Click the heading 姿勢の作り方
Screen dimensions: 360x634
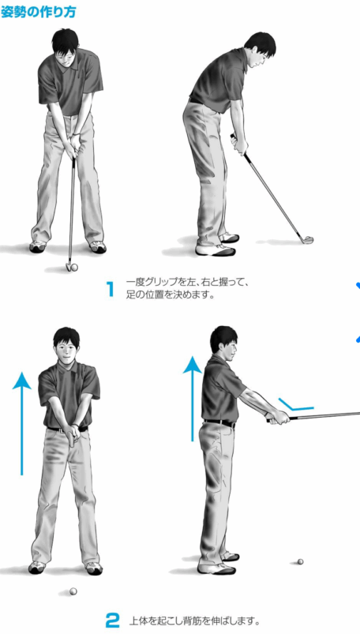(x=38, y=12)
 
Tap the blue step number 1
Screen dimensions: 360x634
(x=110, y=289)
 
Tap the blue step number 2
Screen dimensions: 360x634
(x=113, y=621)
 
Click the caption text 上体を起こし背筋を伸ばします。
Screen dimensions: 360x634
(x=194, y=621)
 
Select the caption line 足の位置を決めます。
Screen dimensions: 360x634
(x=170, y=295)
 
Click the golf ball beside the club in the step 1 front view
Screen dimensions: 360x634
(x=74, y=267)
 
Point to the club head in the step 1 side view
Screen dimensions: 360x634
(x=308, y=240)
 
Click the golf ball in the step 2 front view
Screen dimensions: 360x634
(x=73, y=591)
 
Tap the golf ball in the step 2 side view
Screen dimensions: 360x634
(x=300, y=561)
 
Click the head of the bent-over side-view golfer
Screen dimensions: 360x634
(x=260, y=51)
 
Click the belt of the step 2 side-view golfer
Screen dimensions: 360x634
(x=219, y=423)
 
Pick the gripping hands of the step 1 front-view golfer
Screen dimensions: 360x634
(x=73, y=147)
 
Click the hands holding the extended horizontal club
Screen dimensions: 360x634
(x=279, y=417)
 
